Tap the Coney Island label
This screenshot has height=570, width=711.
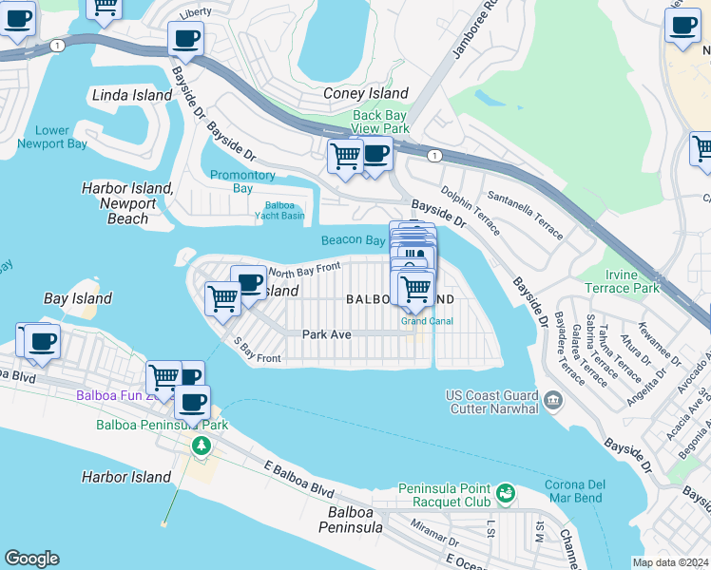[366, 93]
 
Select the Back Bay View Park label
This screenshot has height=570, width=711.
[380, 122]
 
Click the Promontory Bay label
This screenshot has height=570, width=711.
[242, 181]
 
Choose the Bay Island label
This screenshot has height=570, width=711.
[78, 298]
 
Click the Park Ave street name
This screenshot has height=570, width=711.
[327, 334]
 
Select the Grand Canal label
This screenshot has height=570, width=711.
[427, 321]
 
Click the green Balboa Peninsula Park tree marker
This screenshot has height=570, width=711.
[200, 445]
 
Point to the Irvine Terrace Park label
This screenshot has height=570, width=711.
[632, 281]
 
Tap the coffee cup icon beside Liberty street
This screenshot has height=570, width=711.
[185, 39]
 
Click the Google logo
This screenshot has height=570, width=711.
[32, 559]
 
